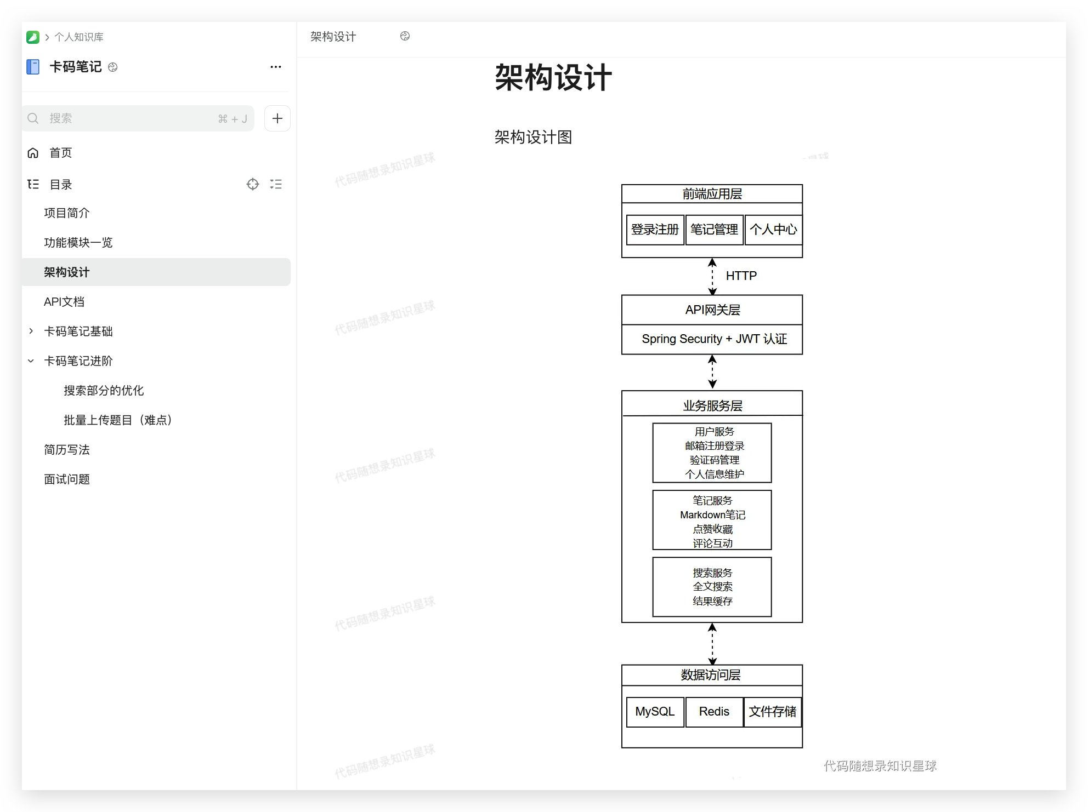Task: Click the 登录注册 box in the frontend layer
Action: click(655, 230)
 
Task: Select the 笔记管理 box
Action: click(714, 230)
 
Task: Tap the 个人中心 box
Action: click(773, 230)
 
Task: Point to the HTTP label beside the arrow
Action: click(741, 276)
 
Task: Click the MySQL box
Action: click(655, 712)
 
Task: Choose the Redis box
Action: click(714, 712)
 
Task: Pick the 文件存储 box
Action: click(773, 712)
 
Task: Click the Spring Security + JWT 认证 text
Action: click(714, 339)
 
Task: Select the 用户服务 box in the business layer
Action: click(712, 453)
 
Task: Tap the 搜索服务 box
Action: click(712, 587)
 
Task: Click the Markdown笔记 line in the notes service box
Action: click(712, 515)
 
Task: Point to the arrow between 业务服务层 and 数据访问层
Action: click(712, 644)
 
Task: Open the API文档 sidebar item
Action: click(64, 302)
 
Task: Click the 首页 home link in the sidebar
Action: click(60, 153)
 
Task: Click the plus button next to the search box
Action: click(277, 118)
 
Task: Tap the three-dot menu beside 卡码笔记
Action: click(276, 67)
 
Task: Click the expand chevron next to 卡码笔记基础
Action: click(31, 331)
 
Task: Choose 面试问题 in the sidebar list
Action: click(67, 479)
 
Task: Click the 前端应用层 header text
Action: click(712, 194)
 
